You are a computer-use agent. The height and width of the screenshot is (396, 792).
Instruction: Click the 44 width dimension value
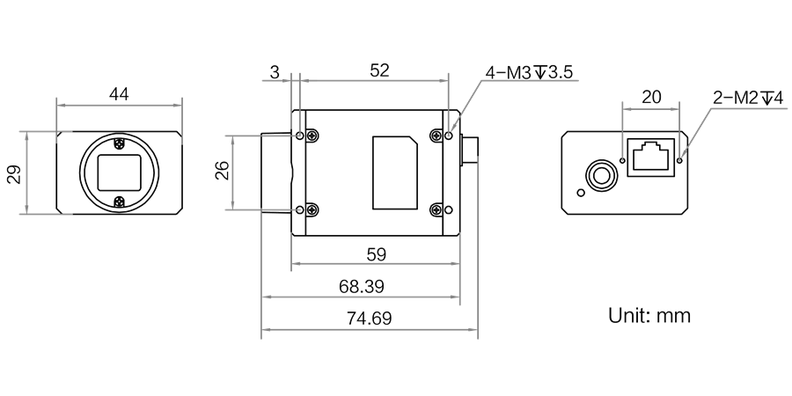[x=119, y=94]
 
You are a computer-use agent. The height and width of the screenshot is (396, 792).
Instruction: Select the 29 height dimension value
[x=15, y=174]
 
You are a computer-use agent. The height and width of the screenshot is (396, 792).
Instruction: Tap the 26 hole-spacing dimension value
[x=222, y=170]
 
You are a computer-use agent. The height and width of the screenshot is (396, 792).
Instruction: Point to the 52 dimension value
[x=379, y=70]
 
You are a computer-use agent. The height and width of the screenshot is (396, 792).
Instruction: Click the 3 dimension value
[x=275, y=72]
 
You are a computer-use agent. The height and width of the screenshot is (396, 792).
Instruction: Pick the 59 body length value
[x=376, y=254]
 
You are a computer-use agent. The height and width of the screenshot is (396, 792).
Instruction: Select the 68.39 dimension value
[x=361, y=286]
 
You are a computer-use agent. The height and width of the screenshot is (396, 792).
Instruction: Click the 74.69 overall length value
[x=369, y=319]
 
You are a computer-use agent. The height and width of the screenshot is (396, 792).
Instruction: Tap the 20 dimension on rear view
[x=651, y=97]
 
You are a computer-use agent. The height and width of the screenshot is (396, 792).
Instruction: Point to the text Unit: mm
[x=649, y=316]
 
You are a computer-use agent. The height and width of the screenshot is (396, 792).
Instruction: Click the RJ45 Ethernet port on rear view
[x=651, y=157]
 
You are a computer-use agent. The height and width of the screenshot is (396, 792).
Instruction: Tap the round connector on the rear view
[x=601, y=176]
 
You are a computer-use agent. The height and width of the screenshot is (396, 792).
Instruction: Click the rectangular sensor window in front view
[x=119, y=172]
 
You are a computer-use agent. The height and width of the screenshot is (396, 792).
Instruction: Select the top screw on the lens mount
[x=119, y=144]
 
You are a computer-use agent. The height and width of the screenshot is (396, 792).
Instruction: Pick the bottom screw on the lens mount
[x=119, y=201]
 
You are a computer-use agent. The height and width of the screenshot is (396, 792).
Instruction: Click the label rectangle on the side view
[x=395, y=172]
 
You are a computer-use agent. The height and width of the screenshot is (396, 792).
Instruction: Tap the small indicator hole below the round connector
[x=581, y=193]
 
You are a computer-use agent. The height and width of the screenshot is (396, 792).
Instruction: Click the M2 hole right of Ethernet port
[x=680, y=161]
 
